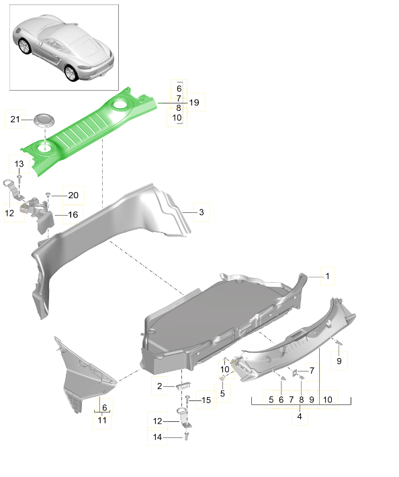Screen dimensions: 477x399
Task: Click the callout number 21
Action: click(x=15, y=120)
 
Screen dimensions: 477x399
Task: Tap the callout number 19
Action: click(x=194, y=103)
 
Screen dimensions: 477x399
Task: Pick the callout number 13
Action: click(x=19, y=164)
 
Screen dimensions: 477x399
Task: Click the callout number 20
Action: click(x=73, y=195)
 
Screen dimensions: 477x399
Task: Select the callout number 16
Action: click(x=73, y=215)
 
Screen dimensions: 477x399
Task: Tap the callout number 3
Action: click(x=200, y=212)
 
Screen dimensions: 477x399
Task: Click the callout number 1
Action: click(x=327, y=275)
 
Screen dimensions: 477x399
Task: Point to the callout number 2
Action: click(x=159, y=386)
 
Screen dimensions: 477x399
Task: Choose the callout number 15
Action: click(x=206, y=400)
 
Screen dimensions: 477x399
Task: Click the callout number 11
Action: click(x=101, y=420)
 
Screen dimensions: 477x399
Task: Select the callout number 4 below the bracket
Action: click(x=300, y=416)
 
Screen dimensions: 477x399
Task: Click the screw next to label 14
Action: click(x=185, y=436)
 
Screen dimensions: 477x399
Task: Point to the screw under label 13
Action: click(x=19, y=178)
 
